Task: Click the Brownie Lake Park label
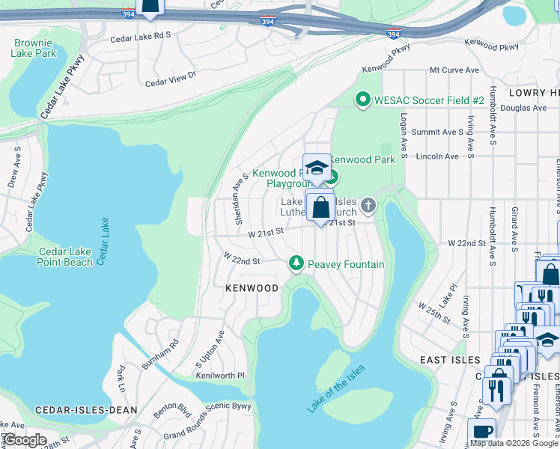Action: (34, 48)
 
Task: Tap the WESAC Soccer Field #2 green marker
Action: (363, 100)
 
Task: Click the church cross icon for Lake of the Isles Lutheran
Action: (368, 204)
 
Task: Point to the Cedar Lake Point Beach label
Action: (65, 256)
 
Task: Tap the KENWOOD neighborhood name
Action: (252, 288)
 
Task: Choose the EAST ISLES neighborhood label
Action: (449, 360)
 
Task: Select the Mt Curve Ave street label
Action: (454, 70)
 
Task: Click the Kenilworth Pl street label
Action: (220, 375)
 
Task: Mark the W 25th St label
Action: (433, 314)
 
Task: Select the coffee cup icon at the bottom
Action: (481, 432)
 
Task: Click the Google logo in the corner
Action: (25, 440)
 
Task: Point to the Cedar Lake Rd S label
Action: (141, 34)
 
